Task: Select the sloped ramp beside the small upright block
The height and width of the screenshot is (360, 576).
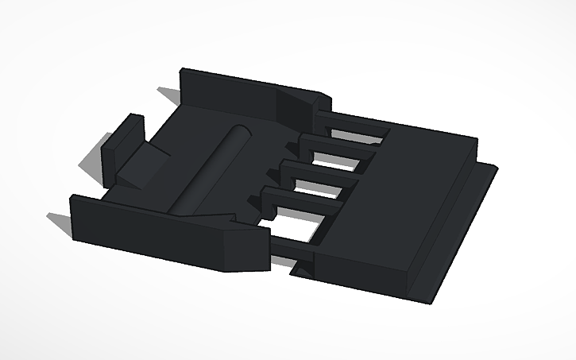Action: click(x=144, y=166)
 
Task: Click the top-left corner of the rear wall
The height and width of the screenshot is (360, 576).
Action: click(x=183, y=69)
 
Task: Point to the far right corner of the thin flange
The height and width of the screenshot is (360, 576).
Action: click(x=497, y=168)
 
